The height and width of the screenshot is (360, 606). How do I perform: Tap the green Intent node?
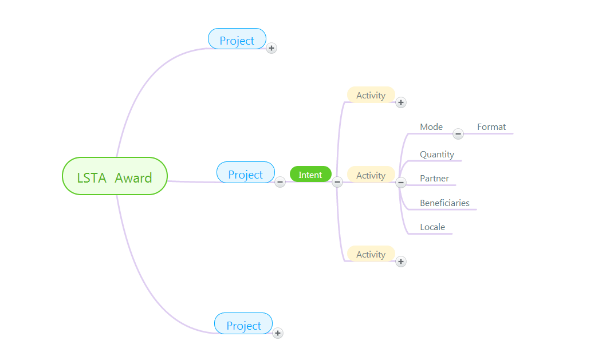[x=310, y=174]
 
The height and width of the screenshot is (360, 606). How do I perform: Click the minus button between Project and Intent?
[x=280, y=182]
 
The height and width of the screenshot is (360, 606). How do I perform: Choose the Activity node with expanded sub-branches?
[x=371, y=175]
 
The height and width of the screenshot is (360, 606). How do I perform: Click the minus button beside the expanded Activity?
[x=401, y=183]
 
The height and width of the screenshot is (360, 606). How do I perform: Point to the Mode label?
[x=431, y=127]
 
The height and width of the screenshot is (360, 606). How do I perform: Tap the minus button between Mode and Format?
[x=458, y=134]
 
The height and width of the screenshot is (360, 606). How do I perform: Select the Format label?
[x=491, y=127]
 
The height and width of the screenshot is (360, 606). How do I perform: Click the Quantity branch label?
[x=437, y=155]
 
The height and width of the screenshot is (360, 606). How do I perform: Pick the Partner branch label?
[x=434, y=179]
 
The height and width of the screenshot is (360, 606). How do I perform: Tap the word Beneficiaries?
[x=444, y=203]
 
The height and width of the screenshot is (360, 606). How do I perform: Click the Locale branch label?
[x=432, y=227]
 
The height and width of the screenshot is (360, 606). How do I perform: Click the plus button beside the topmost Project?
[x=271, y=48]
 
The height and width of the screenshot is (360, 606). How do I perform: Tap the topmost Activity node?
[x=371, y=95]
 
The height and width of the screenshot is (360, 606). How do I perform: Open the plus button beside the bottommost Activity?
[x=401, y=262]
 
